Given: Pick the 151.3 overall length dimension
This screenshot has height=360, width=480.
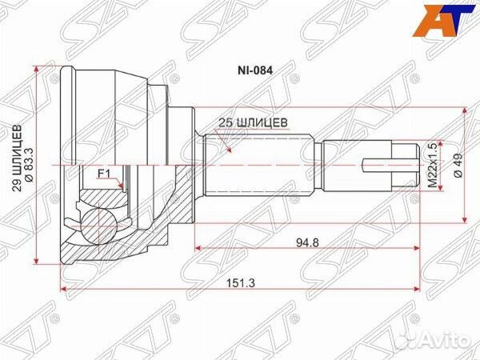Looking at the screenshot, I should click(x=240, y=280).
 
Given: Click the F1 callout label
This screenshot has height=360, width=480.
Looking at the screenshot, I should click(x=104, y=173).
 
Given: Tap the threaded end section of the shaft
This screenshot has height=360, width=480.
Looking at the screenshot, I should click(x=360, y=166).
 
